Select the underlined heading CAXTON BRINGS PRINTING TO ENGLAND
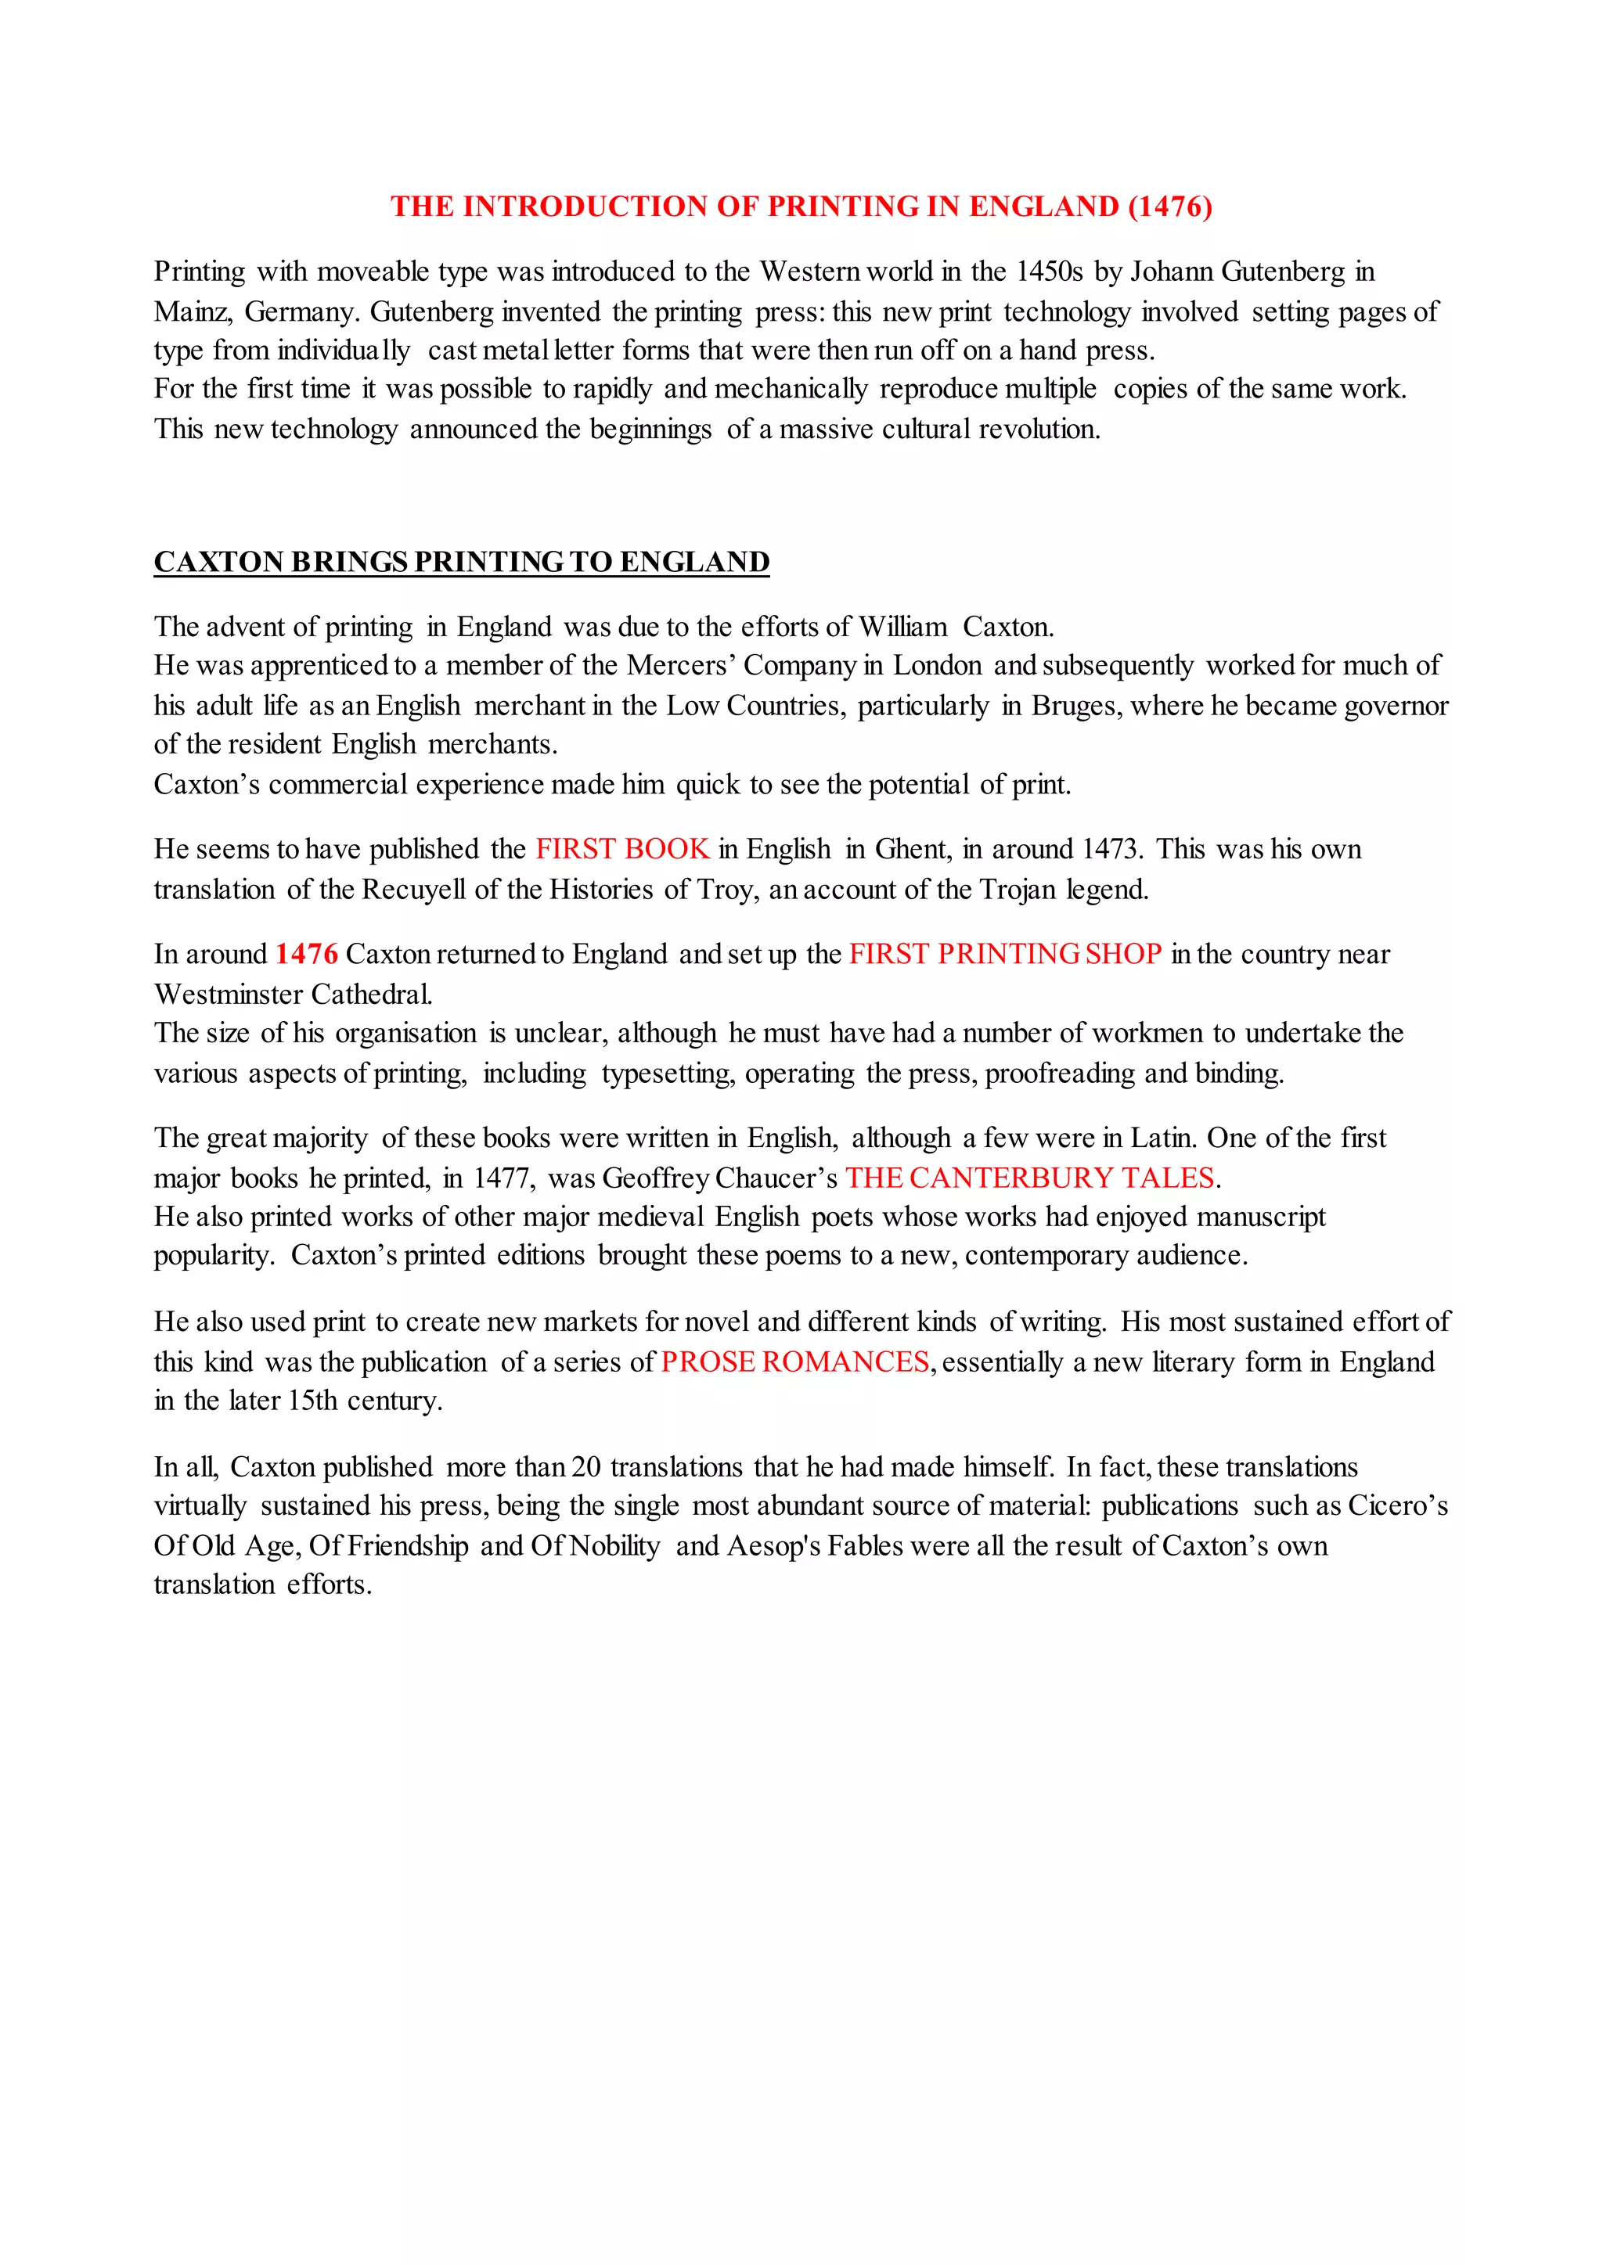[461, 562]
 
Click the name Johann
[1171, 272]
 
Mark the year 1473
[1109, 849]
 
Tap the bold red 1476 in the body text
[306, 955]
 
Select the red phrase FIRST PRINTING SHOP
[1005, 955]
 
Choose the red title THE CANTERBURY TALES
[1029, 1178]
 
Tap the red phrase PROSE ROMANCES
[795, 1362]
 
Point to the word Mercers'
[680, 666]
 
